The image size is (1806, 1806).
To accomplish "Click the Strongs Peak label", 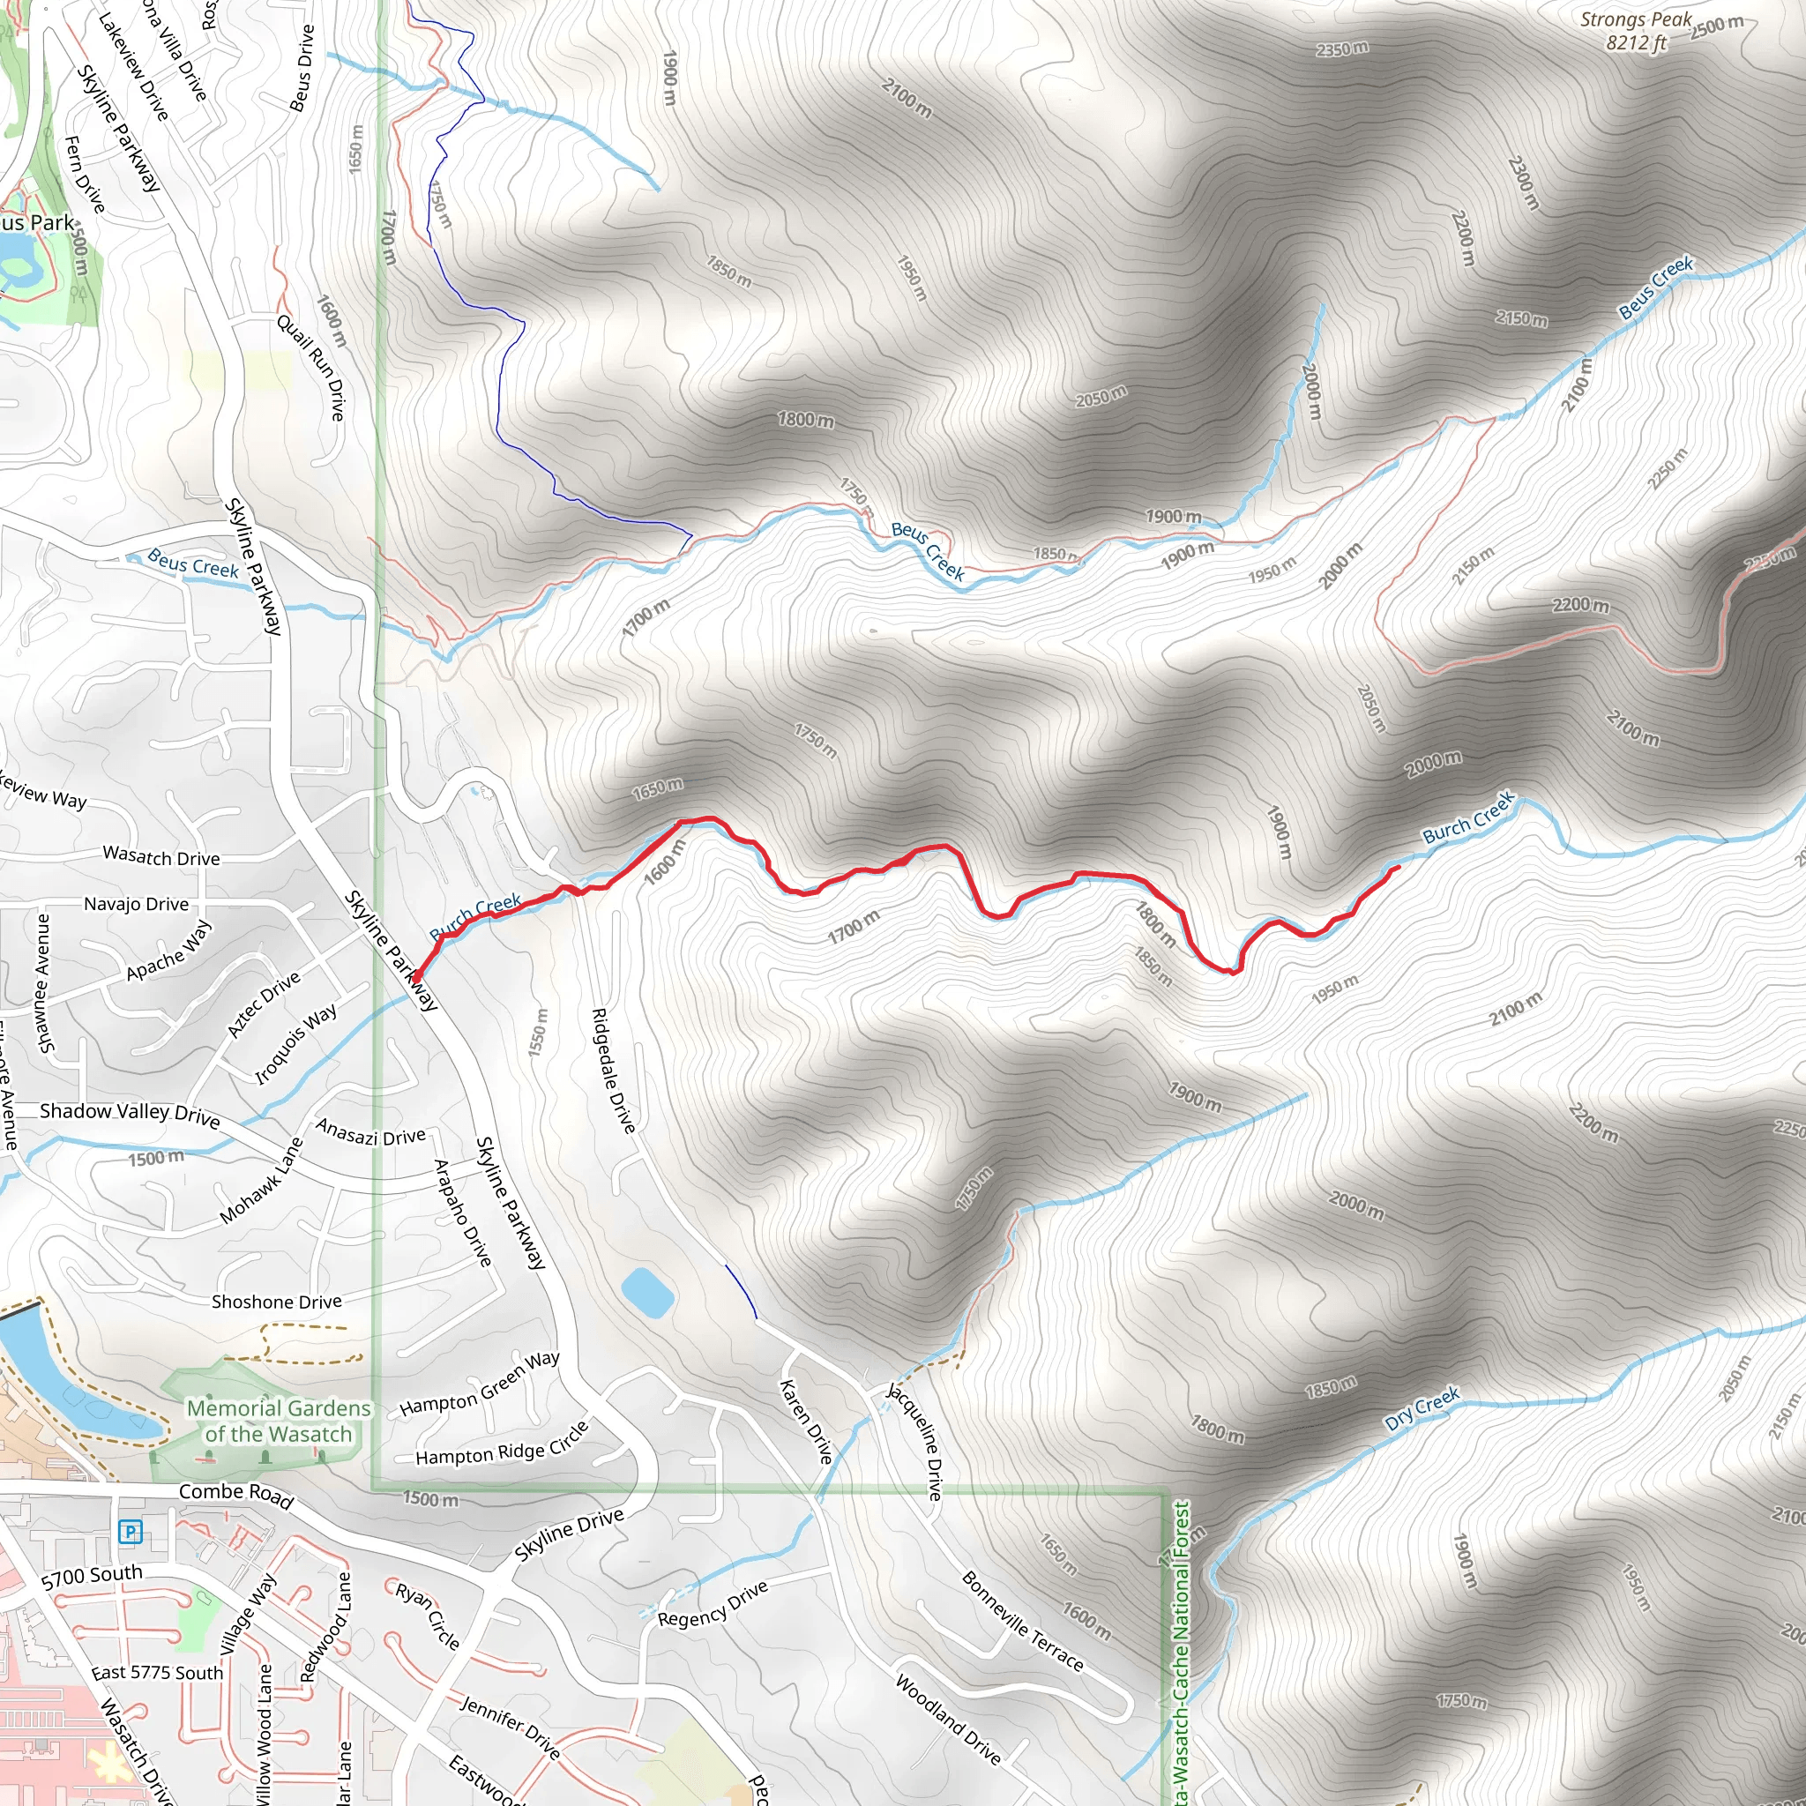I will tap(1636, 30).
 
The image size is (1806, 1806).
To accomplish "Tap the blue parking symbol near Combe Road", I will tap(130, 1531).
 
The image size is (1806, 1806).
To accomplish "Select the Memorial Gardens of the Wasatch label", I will tap(279, 1421).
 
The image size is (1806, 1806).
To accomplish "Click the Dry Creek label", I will tap(1422, 1407).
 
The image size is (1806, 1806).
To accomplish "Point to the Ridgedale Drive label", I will tap(614, 1071).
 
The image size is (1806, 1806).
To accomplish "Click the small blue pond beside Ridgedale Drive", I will tap(647, 1293).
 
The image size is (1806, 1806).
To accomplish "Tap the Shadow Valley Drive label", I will tap(130, 1115).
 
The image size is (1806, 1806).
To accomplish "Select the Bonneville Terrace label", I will tap(1023, 1622).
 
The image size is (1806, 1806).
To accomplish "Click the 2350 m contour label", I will tap(1342, 48).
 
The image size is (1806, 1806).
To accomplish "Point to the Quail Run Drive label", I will tap(311, 368).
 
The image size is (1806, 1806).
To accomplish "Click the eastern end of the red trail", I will tap(1399, 868).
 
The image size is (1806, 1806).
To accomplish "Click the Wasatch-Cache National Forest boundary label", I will tap(1183, 1654).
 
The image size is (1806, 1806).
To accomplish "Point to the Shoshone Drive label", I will tap(277, 1302).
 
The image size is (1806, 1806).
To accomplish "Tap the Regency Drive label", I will tap(713, 1604).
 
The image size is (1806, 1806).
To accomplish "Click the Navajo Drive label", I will tap(137, 904).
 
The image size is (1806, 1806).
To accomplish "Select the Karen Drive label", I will tap(806, 1422).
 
